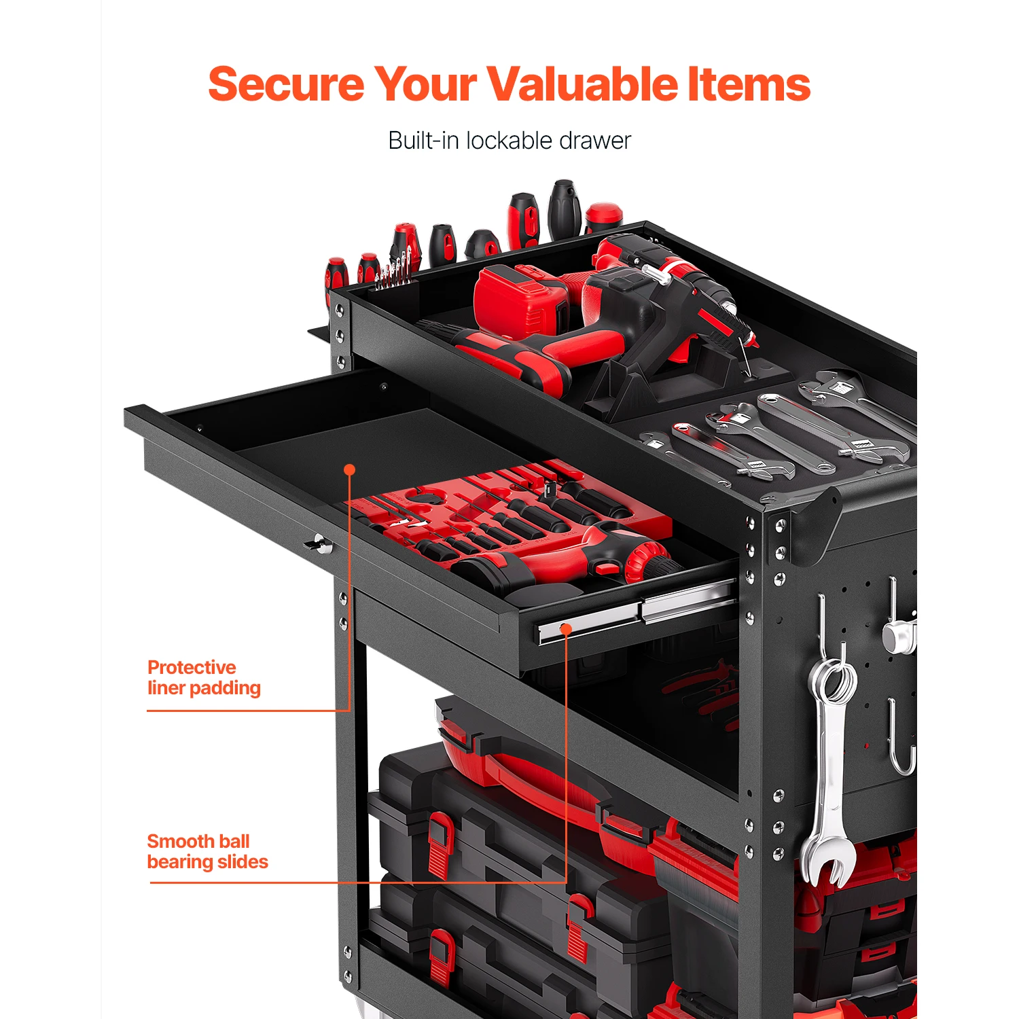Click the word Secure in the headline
(x=286, y=84)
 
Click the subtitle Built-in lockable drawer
(x=509, y=141)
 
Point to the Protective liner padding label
(x=203, y=677)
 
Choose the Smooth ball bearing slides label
(x=207, y=851)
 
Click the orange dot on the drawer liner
(x=350, y=469)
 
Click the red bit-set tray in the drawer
(x=503, y=503)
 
